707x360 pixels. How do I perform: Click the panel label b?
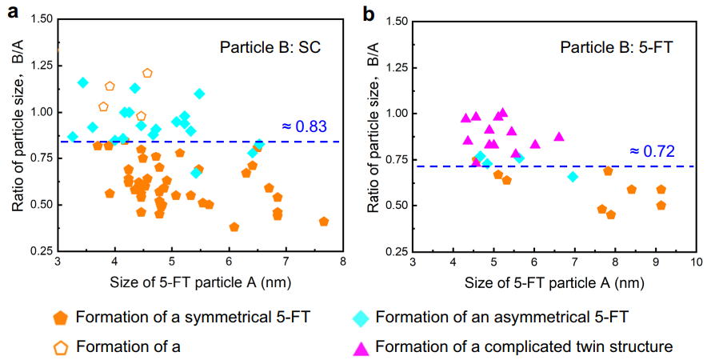pos(369,14)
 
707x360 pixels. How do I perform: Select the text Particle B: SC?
pos(270,47)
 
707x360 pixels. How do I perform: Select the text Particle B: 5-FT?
pos(617,47)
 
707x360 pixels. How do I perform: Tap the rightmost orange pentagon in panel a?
pos(324,222)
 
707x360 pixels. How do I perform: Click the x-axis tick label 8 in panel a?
pos(342,262)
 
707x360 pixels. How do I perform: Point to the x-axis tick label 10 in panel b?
pos(695,262)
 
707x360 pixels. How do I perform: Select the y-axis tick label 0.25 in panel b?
pos(394,250)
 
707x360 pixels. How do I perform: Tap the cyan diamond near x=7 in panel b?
pos(573,176)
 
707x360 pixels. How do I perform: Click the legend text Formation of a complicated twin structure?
pos(524,346)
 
